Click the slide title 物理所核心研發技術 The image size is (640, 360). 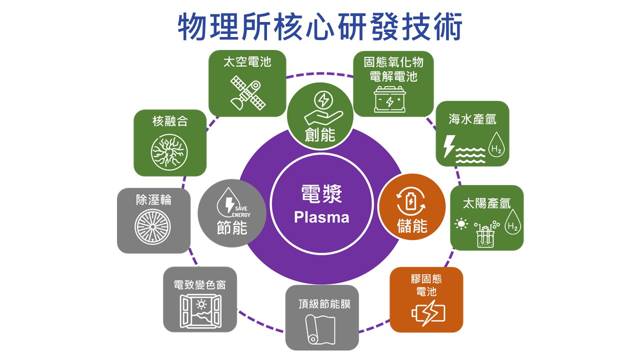click(320, 27)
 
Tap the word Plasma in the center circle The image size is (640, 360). click(321, 217)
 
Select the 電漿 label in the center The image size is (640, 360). click(321, 194)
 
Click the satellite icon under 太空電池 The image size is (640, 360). click(247, 93)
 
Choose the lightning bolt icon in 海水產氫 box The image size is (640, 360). click(449, 146)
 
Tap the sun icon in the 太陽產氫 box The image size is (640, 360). click(460, 223)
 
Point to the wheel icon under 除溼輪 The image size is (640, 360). click(152, 226)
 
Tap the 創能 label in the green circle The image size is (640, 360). click(320, 135)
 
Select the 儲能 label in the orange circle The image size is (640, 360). click(412, 226)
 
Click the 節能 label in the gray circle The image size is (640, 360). click(232, 228)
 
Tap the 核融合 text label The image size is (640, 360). click(169, 121)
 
